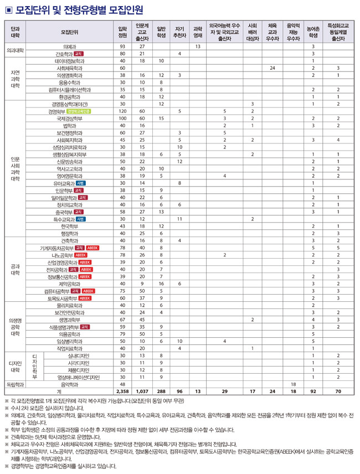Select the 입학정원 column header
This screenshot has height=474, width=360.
pyautogui.click(x=122, y=32)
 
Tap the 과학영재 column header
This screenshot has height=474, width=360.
pyautogui.click(x=197, y=32)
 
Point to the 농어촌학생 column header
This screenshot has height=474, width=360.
pyautogui.click(x=313, y=32)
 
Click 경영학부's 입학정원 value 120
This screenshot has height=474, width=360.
pyautogui.click(x=122, y=111)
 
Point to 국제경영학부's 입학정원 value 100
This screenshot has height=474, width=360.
pyautogui.click(x=122, y=118)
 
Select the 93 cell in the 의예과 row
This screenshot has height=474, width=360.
pyautogui.click(x=122, y=47)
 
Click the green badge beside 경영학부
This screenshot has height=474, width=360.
pyautogui.click(x=83, y=111)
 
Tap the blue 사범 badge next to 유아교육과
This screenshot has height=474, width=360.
pyautogui.click(x=81, y=183)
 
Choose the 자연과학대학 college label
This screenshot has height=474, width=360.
pyautogui.click(x=15, y=79)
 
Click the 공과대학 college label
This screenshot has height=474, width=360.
pyautogui.click(x=15, y=269)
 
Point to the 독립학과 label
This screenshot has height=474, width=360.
pyautogui.click(x=15, y=384)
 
